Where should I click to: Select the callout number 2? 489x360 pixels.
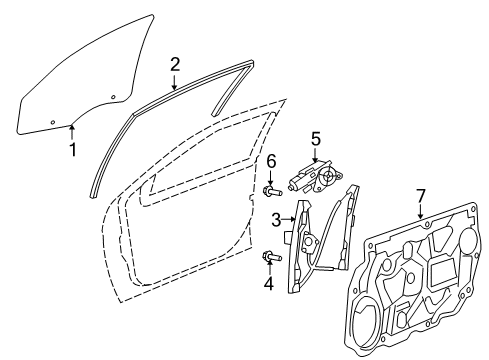click(x=175, y=66)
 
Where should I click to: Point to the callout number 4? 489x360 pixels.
click(x=268, y=282)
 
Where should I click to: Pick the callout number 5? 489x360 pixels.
click(x=315, y=139)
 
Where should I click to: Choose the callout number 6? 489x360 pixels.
click(x=270, y=162)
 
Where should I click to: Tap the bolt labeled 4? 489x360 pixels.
click(x=269, y=257)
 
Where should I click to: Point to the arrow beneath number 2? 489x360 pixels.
click(x=175, y=83)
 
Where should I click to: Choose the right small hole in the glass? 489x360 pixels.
click(x=113, y=96)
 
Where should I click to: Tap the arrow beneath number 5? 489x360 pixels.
click(x=316, y=157)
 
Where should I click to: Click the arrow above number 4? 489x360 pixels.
click(x=268, y=266)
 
